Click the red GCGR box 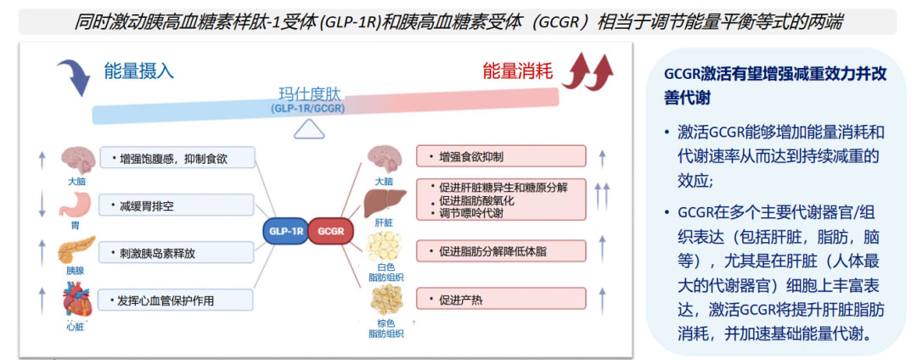pos(330,231)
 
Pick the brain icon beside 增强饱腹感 pos(77,159)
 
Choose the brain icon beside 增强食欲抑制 pos(383,159)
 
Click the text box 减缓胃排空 pos(176,205)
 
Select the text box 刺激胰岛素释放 pos(176,252)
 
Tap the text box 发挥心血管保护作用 pos(176,300)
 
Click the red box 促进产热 pos(500,299)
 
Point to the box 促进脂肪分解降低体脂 pos(500,251)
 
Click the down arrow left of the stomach pos(41,205)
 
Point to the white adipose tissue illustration pos(384,247)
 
